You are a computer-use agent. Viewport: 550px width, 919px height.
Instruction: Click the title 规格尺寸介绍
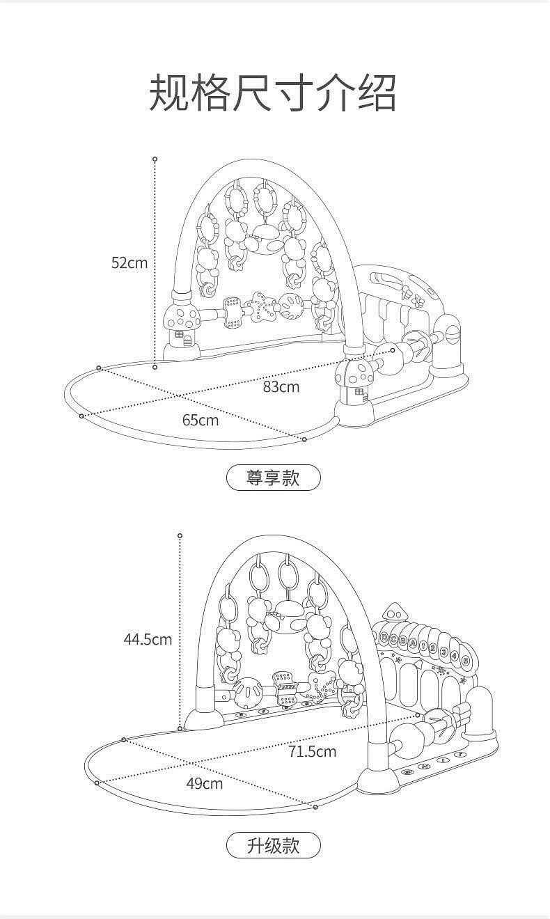274,93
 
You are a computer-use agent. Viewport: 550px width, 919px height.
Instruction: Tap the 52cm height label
129,262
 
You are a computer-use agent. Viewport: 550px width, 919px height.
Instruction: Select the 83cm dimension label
281,386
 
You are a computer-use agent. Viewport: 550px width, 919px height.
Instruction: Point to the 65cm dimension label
200,420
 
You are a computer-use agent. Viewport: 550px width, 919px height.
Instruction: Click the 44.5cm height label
148,639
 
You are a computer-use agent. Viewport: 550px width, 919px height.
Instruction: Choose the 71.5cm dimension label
312,751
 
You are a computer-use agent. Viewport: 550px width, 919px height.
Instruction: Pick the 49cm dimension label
204,783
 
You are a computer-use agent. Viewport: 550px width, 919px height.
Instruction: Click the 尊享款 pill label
274,478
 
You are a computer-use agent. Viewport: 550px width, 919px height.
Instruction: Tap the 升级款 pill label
274,845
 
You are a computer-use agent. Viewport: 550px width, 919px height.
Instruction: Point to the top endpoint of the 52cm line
155,159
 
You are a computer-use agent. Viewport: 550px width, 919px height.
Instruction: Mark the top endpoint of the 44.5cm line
180,535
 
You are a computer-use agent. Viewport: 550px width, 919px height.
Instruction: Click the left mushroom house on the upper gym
183,327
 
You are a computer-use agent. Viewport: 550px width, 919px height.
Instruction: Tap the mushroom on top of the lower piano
395,613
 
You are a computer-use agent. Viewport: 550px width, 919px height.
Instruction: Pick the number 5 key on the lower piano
475,658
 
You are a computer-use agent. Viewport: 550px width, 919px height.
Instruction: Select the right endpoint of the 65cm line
304,439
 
